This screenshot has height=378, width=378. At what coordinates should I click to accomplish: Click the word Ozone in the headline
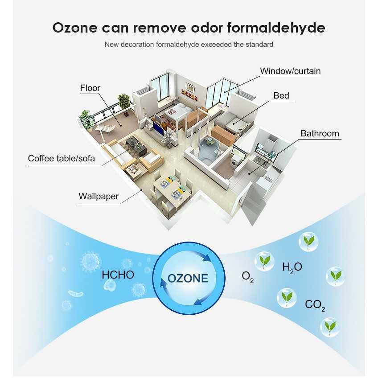pyautogui.click(x=75, y=28)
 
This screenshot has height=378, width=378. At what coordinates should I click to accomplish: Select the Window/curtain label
pyautogui.click(x=290, y=71)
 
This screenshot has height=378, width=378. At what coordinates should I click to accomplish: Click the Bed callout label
pyautogui.click(x=281, y=96)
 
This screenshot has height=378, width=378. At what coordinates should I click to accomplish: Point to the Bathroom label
pyautogui.click(x=320, y=133)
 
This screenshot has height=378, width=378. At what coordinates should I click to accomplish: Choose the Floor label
pyautogui.click(x=90, y=88)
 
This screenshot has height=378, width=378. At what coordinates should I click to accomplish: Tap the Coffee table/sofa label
pyautogui.click(x=62, y=158)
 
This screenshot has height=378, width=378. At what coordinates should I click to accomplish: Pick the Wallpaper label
pyautogui.click(x=99, y=196)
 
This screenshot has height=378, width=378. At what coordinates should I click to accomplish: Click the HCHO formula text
pyautogui.click(x=118, y=275)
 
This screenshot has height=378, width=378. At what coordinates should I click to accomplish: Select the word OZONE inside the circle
pyautogui.click(x=188, y=279)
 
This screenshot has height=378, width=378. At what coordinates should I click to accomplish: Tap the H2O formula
pyautogui.click(x=292, y=267)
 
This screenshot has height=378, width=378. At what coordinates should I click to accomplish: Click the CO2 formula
pyautogui.click(x=315, y=305)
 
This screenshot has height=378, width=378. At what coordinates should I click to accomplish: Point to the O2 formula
pyautogui.click(x=247, y=277)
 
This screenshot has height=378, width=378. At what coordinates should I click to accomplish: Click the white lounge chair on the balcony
pyautogui.click(x=105, y=129)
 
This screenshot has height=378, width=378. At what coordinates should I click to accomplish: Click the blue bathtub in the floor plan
pyautogui.click(x=207, y=150)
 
